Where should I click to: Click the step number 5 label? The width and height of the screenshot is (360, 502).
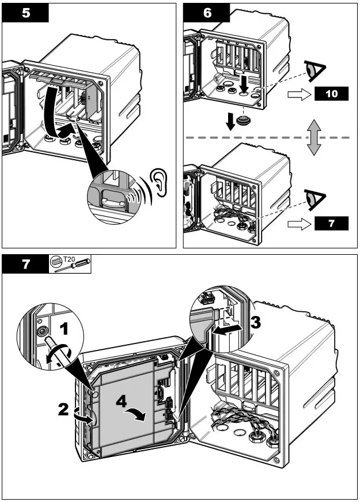tap(26, 13)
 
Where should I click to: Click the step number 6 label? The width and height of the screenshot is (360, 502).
tap(207, 13)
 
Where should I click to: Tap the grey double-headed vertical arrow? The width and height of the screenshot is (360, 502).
tap(313, 138)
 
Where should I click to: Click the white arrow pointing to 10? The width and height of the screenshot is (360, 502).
tap(298, 94)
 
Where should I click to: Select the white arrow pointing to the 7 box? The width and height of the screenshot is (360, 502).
tap(298, 224)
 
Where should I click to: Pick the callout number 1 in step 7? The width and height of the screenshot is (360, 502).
tap(65, 329)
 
